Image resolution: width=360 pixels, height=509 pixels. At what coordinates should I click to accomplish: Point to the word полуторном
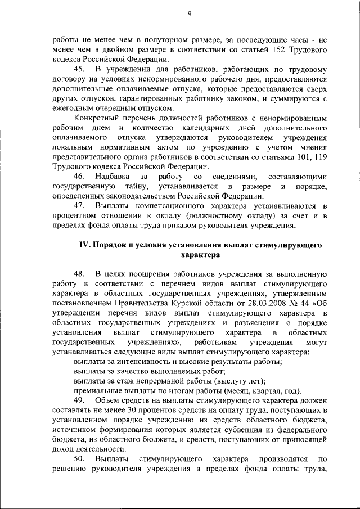pyautogui.click(x=142, y=40)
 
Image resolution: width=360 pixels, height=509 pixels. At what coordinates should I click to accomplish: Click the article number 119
pyautogui.click(x=321, y=158)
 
